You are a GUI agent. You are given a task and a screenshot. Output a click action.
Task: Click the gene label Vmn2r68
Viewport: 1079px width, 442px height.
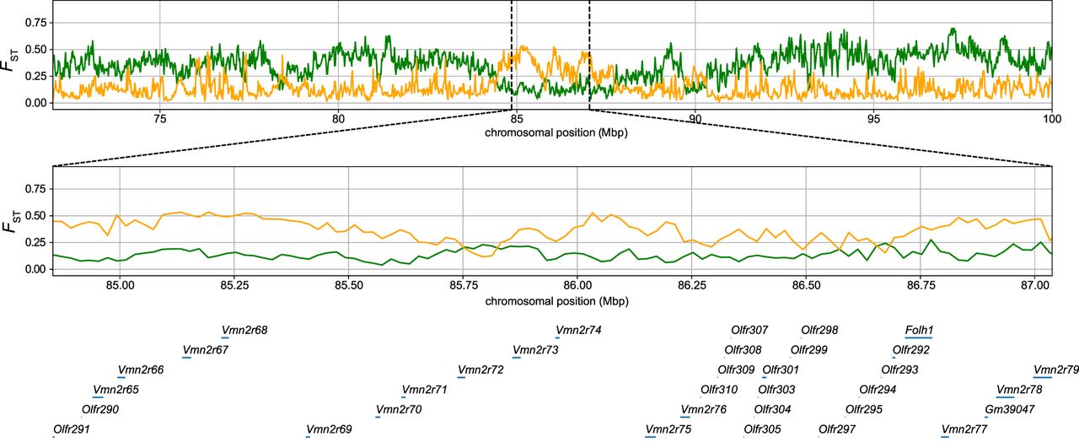point(244,330)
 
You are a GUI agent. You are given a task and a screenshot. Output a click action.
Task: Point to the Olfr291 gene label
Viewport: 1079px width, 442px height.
point(71,429)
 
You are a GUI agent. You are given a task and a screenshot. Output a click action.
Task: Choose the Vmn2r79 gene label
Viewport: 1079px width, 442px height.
point(1056,369)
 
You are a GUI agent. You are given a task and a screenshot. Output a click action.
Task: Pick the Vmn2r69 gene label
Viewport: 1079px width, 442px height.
point(329,429)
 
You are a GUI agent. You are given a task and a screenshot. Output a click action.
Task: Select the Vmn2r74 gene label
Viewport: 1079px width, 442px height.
point(578,330)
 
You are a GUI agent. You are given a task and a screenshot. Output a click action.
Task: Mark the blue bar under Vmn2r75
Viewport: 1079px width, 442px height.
point(650,436)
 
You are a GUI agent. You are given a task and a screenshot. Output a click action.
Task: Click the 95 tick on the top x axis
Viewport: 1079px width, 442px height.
point(873,119)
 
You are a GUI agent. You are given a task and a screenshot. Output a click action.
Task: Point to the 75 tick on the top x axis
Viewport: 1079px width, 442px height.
point(159,119)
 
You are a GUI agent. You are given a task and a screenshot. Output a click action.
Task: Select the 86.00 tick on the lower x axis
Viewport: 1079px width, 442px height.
point(577,284)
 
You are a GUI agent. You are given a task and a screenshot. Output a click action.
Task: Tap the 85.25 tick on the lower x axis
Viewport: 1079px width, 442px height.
point(234,284)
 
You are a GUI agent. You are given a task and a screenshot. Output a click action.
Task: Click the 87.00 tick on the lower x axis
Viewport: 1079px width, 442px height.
point(1034,284)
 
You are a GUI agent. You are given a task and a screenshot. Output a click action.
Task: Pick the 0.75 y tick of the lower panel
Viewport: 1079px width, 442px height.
point(33,190)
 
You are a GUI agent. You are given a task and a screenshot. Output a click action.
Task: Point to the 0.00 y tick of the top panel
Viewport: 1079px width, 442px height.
point(33,102)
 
